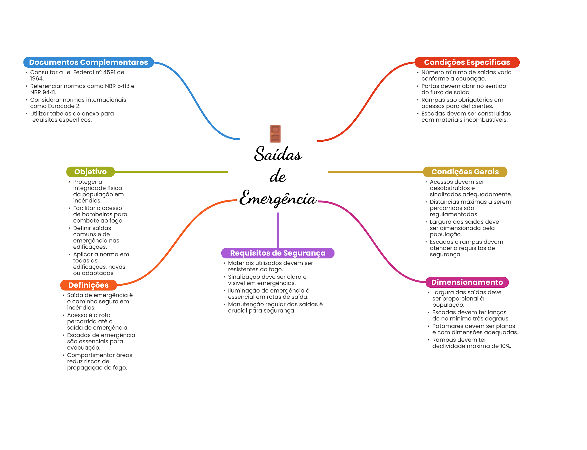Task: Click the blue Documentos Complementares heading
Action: [x=88, y=62]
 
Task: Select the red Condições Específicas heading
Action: [x=467, y=62]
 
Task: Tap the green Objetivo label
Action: [x=90, y=172]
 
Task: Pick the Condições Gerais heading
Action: [x=465, y=172]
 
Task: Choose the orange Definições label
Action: [x=88, y=285]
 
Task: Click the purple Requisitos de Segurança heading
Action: [x=277, y=253]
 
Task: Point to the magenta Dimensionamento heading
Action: [x=467, y=282]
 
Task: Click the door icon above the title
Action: [x=275, y=134]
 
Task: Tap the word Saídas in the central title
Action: [x=278, y=154]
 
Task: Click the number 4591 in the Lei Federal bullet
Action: [x=109, y=72]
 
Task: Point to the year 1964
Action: [x=36, y=79]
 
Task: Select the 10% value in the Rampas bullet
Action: [x=505, y=346]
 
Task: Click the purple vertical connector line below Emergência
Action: [x=278, y=229]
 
